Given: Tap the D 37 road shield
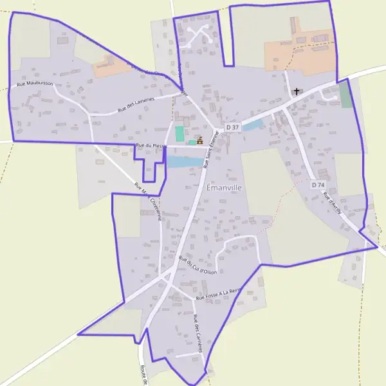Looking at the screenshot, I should pos(233,127).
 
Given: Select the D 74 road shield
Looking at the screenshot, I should pos(317,185).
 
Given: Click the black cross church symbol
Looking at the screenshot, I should pos(297,92).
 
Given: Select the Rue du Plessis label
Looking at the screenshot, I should pos(150,146).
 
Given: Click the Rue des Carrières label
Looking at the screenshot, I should pos(198,333).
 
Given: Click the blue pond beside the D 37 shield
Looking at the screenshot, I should pos(252,125).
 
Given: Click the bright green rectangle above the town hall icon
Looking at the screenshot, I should pos(179,134).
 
